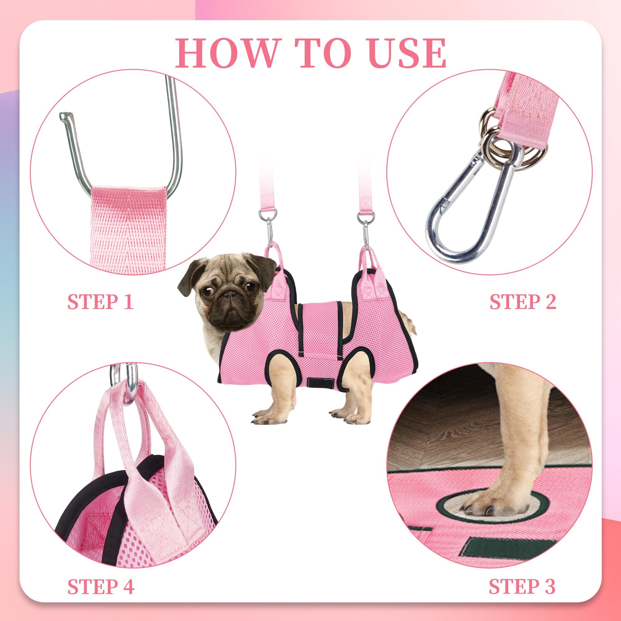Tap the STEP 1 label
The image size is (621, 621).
100,302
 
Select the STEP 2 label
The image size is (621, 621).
523,302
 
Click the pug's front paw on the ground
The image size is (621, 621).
268,416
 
